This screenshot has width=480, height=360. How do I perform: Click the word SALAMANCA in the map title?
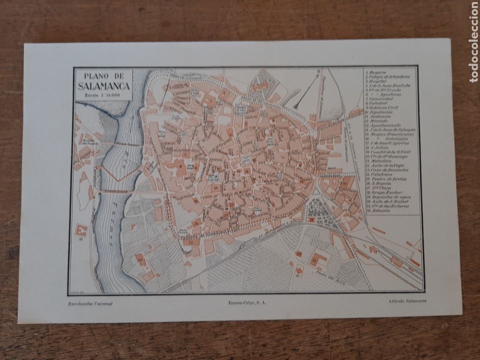pos(104,86)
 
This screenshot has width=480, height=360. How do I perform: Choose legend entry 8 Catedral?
pos(382,103)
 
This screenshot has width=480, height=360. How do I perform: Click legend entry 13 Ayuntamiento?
pos(387,125)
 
